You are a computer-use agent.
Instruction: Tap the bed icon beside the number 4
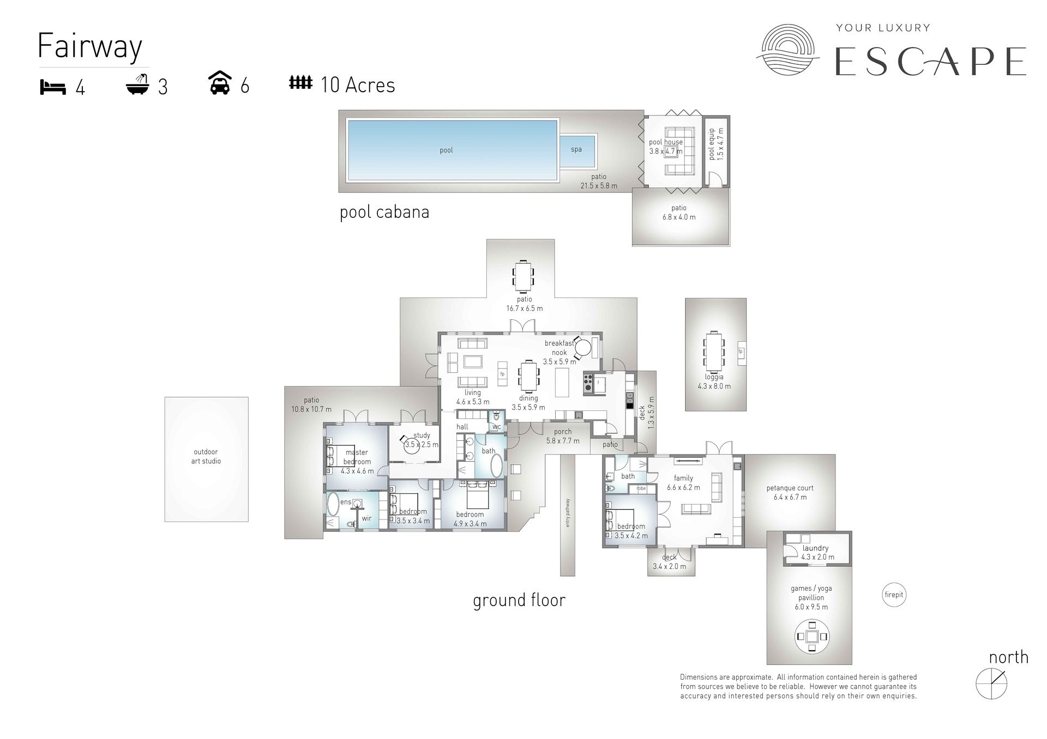click(x=53, y=87)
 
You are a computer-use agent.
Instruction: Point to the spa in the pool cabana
click(x=576, y=149)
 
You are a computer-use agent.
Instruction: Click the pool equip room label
click(x=716, y=144)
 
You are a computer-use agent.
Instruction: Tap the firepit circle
click(x=894, y=595)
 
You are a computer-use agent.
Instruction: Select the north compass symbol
click(x=991, y=683)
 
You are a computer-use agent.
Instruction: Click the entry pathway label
click(x=568, y=513)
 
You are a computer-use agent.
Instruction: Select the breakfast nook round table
click(x=583, y=348)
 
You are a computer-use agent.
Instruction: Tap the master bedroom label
click(x=357, y=457)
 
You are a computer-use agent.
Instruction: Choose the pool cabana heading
click(x=384, y=212)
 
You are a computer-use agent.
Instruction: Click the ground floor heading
click(x=519, y=600)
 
